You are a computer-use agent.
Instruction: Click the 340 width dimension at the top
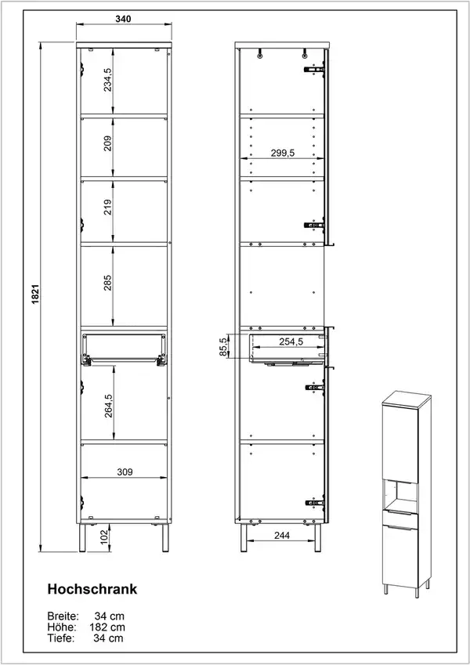[x=123, y=19]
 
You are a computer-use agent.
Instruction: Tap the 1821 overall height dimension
[x=35, y=294]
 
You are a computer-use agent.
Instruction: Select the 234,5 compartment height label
[x=108, y=80]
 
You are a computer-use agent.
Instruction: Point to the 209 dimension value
[x=108, y=143]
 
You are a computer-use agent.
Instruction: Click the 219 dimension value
[x=108, y=207]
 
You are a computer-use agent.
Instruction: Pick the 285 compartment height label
[x=108, y=283]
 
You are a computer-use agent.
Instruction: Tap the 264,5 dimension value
[x=109, y=406]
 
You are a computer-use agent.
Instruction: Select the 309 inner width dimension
[x=125, y=472]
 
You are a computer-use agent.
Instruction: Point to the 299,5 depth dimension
[x=283, y=153]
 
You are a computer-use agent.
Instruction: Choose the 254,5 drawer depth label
[x=291, y=342]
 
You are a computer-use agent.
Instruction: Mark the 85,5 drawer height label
[x=223, y=347]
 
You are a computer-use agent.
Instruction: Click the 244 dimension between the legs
[x=282, y=535]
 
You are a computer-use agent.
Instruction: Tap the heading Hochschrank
[x=92, y=589]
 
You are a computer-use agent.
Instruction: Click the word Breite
[x=63, y=616]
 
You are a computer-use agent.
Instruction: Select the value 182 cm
[x=107, y=627]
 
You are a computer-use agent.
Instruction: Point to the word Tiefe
[x=61, y=638]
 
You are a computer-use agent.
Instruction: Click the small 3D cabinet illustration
[x=406, y=495]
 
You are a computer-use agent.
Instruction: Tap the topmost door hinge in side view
[x=314, y=69]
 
